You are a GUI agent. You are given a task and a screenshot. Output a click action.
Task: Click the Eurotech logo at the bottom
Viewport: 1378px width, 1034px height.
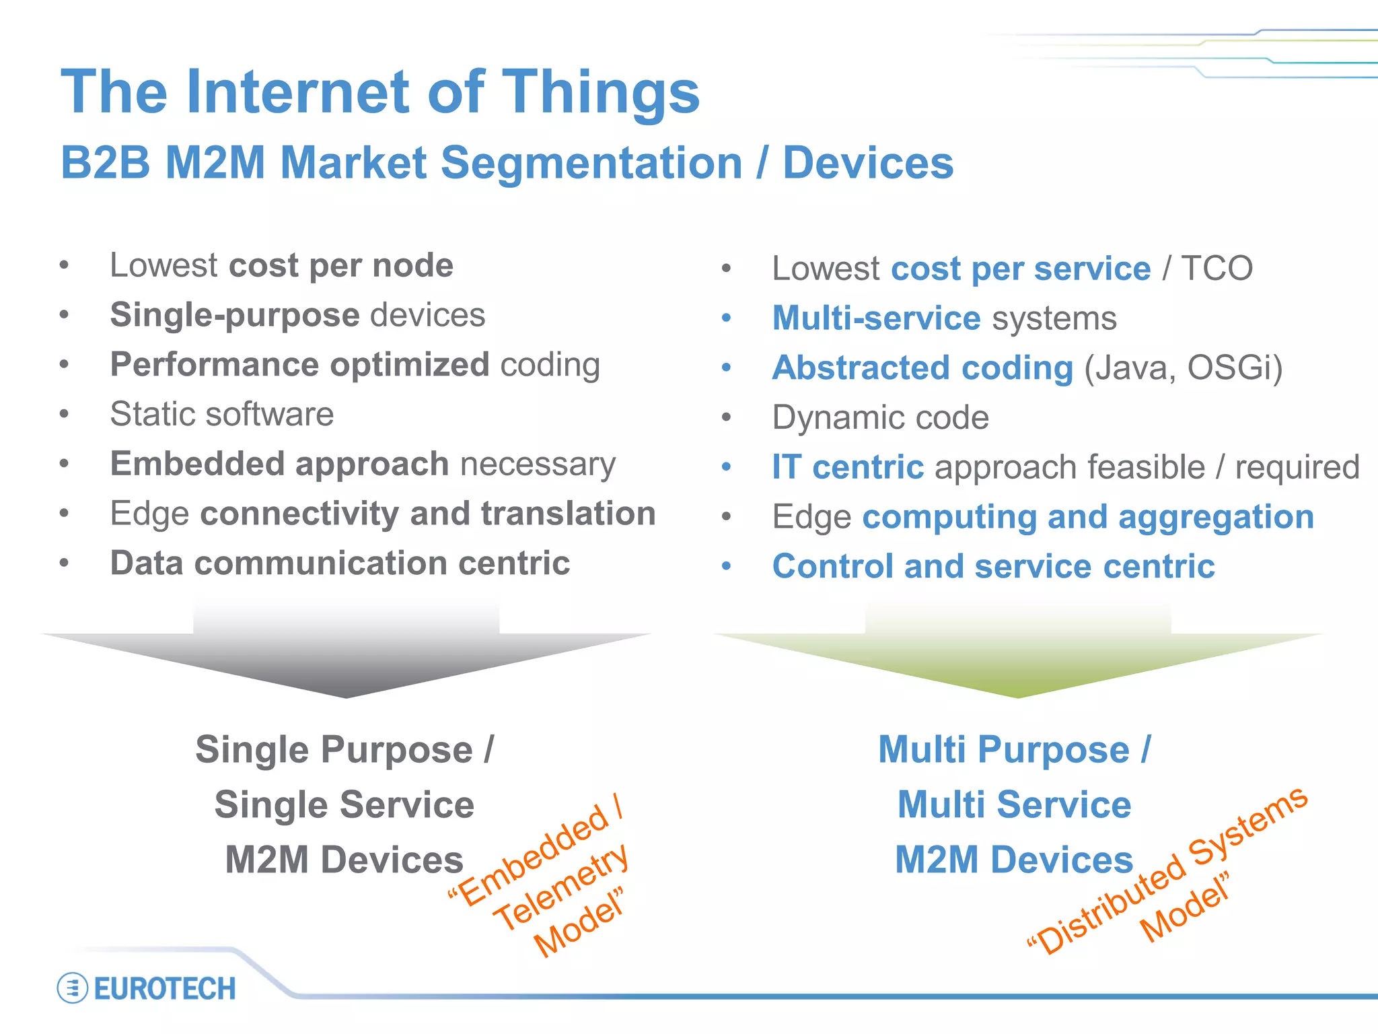[x=147, y=988]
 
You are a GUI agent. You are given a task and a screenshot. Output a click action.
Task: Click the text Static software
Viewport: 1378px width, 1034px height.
[x=221, y=414]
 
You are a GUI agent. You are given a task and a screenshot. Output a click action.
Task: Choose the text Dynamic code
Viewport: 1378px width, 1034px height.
[x=880, y=417]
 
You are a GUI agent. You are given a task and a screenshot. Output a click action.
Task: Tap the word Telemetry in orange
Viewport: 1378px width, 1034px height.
[x=560, y=888]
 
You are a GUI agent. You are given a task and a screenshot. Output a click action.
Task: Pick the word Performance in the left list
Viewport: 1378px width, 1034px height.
[x=215, y=365]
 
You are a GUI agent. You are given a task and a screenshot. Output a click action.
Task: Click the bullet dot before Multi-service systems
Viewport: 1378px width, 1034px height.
[x=726, y=318]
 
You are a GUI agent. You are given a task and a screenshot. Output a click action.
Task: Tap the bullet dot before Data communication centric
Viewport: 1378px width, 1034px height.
[x=64, y=563]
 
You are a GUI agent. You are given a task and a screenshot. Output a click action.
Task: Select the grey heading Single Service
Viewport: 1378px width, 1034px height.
[x=344, y=804]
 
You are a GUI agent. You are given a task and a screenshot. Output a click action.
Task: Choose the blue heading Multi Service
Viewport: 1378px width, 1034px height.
[x=1014, y=804]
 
